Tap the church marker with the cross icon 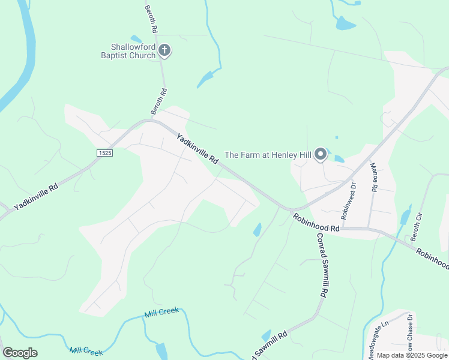point(165,51)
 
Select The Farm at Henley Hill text point(268,155)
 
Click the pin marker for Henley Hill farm point(321,154)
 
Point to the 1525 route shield point(104,154)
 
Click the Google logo point(20,353)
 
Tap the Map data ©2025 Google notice point(412,355)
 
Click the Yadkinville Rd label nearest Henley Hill point(197,150)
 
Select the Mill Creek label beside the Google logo point(86,351)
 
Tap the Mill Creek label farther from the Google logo point(161,313)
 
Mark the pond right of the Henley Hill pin point(339,159)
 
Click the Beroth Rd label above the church point(151,19)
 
